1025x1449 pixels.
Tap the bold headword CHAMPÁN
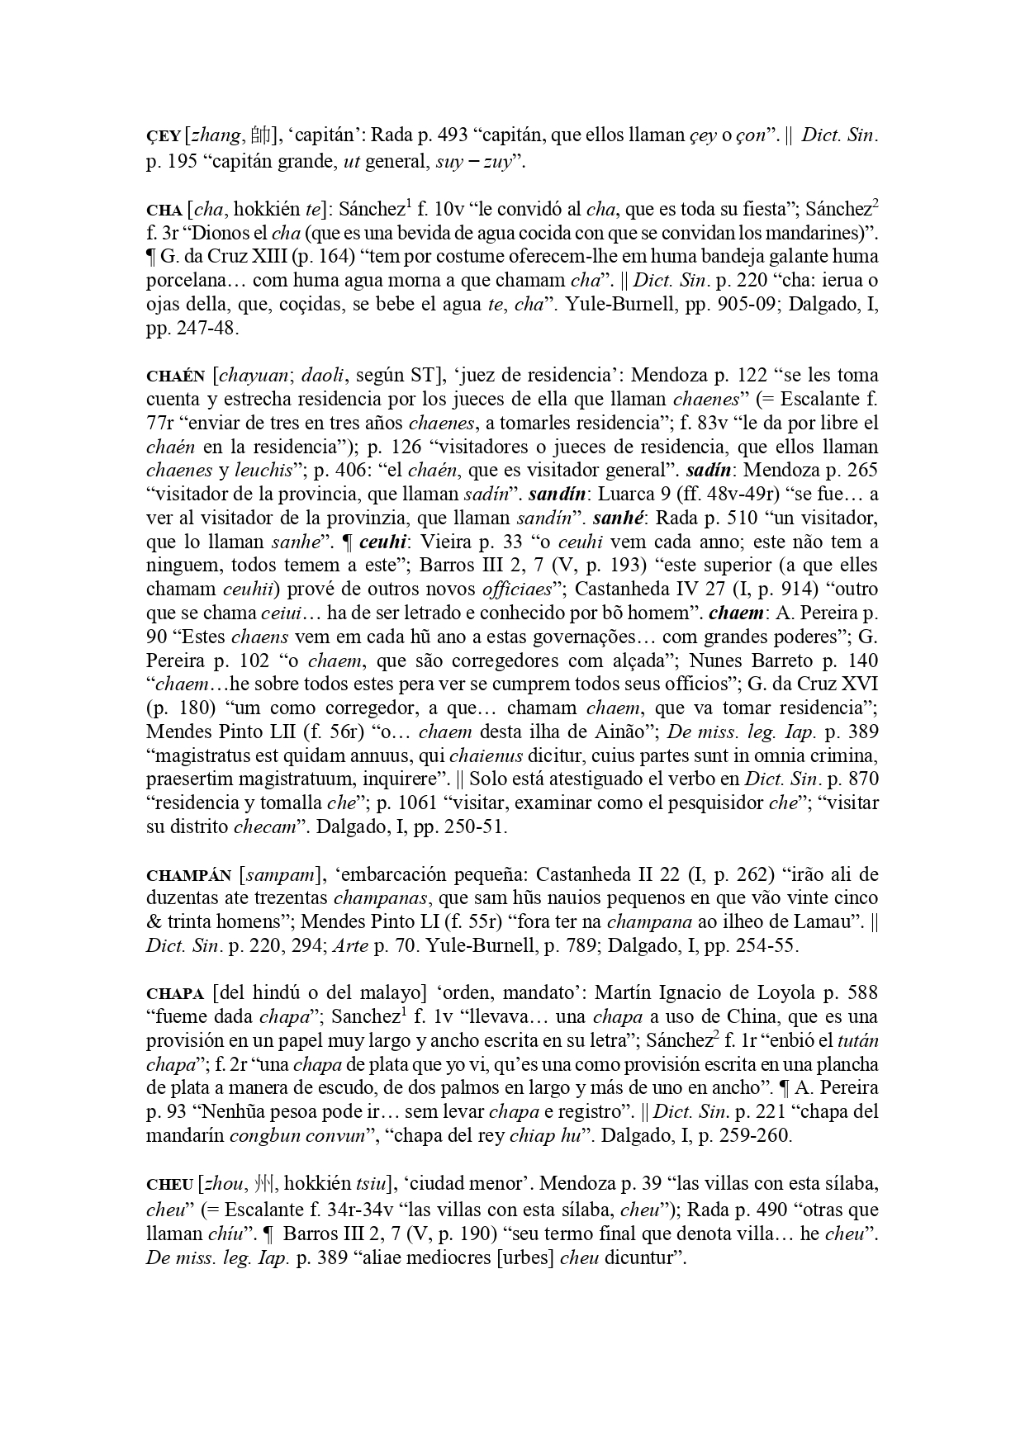click(188, 875)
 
